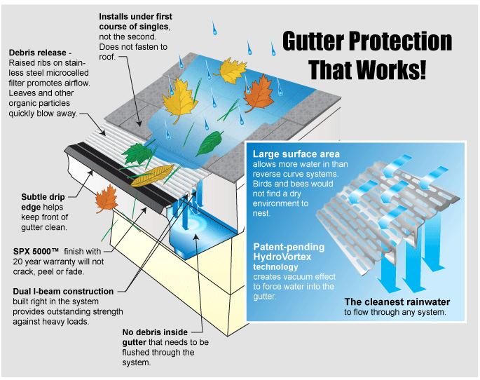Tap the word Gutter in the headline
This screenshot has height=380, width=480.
click(313, 41)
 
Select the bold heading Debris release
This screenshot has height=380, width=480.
click(38, 53)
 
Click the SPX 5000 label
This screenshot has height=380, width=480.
click(36, 252)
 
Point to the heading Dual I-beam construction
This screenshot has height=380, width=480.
click(63, 291)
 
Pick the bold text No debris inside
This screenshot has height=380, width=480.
click(155, 332)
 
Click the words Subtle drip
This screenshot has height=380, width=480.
click(43, 197)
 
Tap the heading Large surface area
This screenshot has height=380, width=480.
click(296, 154)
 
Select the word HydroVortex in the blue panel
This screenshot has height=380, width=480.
click(282, 257)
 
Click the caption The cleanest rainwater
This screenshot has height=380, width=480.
click(397, 302)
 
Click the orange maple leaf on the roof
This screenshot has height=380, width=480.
click(259, 93)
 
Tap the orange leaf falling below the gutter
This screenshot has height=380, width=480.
click(107, 198)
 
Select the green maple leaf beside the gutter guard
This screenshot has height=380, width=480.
click(137, 152)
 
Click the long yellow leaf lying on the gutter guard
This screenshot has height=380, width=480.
click(152, 175)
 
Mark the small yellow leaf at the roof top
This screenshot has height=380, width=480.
click(231, 70)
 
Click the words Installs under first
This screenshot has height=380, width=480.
click(135, 17)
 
